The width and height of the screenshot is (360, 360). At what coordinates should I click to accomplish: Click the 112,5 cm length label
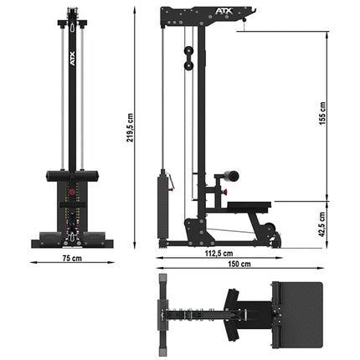tap(219, 252)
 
